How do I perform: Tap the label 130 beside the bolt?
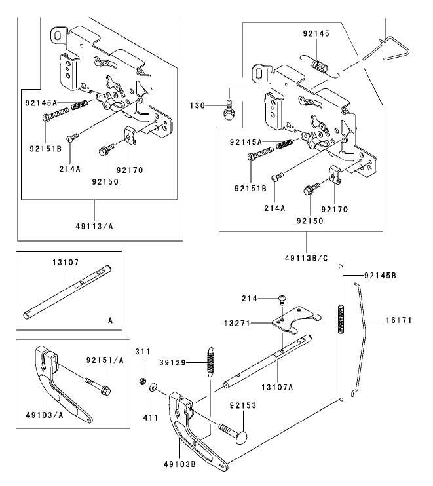pos(198,105)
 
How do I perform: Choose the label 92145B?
pos(380,276)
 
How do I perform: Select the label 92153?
pos(242,406)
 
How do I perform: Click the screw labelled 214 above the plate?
pos(282,299)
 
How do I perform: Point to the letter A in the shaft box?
pos(109,320)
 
